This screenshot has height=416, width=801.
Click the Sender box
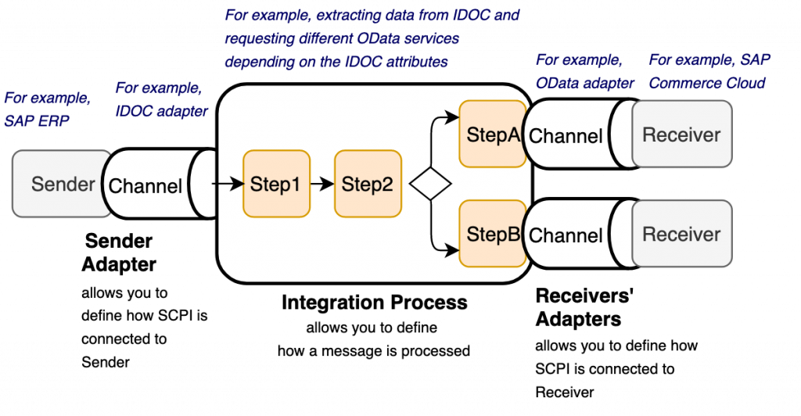[x=61, y=185]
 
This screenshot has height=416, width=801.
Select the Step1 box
[x=275, y=185]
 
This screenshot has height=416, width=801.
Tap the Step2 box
[x=368, y=185]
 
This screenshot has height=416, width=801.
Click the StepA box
[x=492, y=134]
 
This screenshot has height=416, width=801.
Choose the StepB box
[x=492, y=233]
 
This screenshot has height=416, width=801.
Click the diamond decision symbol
[x=432, y=185]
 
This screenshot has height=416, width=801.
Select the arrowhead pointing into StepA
[x=453, y=117]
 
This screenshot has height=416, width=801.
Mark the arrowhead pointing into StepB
[x=453, y=250]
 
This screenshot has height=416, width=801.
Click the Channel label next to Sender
[x=145, y=186]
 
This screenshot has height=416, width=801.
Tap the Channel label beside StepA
[x=566, y=136]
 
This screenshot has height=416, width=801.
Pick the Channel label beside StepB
[x=566, y=235]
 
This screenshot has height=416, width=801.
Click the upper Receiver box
[x=681, y=134]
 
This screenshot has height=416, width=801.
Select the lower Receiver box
[x=681, y=234]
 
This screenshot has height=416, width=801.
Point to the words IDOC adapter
[x=162, y=111]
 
